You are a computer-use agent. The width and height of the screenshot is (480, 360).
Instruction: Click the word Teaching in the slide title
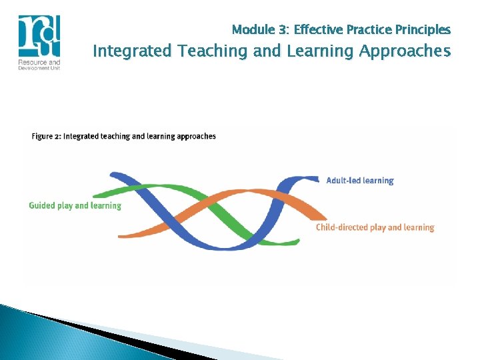pyautogui.click(x=194, y=51)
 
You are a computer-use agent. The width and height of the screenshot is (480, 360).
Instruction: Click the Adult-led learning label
pyautogui.click(x=360, y=181)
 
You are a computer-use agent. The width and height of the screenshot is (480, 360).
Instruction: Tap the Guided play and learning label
pyautogui.click(x=75, y=205)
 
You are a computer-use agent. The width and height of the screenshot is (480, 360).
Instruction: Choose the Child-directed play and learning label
pyautogui.click(x=375, y=227)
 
